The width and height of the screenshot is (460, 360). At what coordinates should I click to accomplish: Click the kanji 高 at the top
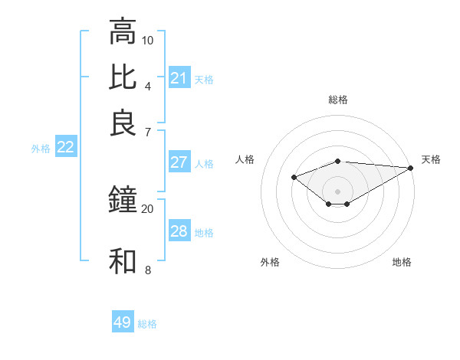[x=123, y=32]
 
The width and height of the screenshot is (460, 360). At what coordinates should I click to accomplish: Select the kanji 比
[x=123, y=77]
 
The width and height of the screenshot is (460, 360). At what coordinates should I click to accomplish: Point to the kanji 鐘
[x=123, y=201]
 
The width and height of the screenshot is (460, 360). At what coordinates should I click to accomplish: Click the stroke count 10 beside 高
[x=148, y=40]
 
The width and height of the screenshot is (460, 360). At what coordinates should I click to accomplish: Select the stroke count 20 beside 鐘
[x=148, y=208]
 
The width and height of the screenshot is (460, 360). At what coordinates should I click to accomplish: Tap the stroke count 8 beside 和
[x=148, y=270]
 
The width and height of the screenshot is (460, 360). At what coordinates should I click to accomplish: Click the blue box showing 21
[x=179, y=78]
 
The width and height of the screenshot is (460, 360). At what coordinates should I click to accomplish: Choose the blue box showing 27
[x=179, y=162]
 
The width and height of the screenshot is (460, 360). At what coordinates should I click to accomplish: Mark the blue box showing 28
[x=179, y=231]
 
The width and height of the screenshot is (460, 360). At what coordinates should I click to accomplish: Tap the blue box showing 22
[x=65, y=148]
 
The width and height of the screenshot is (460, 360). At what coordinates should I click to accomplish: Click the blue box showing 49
[x=123, y=322]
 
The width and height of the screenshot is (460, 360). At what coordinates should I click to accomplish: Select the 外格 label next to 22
[x=41, y=149]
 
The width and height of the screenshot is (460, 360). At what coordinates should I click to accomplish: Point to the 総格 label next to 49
[x=148, y=324]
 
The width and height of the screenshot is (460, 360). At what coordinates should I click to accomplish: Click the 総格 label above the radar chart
[x=338, y=100]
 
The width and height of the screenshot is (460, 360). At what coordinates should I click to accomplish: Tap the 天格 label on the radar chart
[x=431, y=159]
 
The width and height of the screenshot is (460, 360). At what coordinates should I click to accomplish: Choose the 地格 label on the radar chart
[x=402, y=262]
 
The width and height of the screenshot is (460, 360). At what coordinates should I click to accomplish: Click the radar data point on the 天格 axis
[x=411, y=167]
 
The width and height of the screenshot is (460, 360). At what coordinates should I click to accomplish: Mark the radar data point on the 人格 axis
[x=294, y=177]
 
